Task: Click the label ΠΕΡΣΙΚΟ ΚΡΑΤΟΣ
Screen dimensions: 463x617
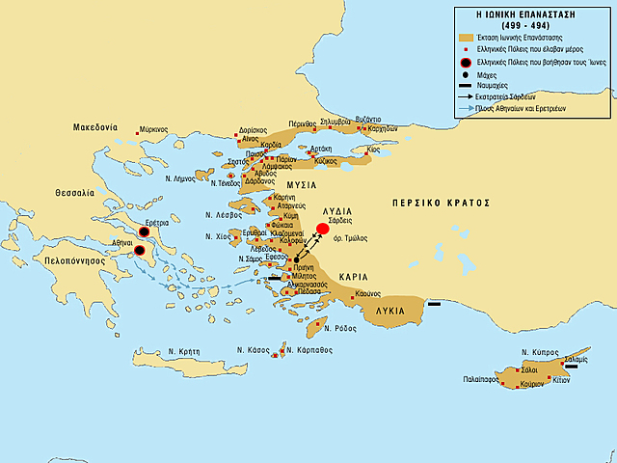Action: [442, 204]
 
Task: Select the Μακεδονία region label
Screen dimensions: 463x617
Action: [94, 127]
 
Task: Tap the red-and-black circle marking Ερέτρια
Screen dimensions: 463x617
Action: [144, 232]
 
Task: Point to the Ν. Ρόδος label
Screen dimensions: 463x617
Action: [341, 329]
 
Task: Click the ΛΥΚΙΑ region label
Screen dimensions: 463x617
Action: [389, 311]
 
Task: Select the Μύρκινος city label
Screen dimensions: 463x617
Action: [152, 128]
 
